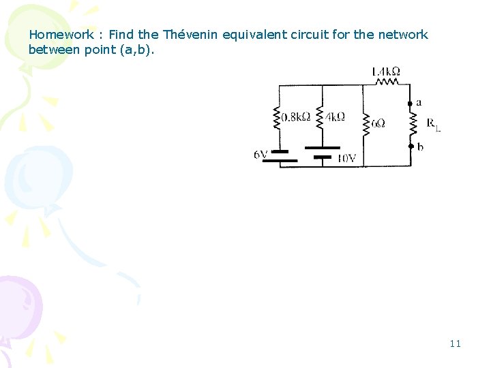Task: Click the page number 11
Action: click(x=455, y=343)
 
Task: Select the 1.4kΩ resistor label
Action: click(x=386, y=71)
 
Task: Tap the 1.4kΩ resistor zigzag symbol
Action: click(x=387, y=83)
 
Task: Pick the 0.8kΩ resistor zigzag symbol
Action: click(x=278, y=119)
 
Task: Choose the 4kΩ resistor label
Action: click(x=335, y=117)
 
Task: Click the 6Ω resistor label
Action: click(x=378, y=124)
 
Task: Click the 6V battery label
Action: click(x=261, y=155)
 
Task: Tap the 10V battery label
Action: click(x=346, y=159)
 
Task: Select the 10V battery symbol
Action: click(x=322, y=151)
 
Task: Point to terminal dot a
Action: click(x=411, y=104)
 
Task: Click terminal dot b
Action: click(x=411, y=145)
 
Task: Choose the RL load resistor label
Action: click(x=434, y=124)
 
